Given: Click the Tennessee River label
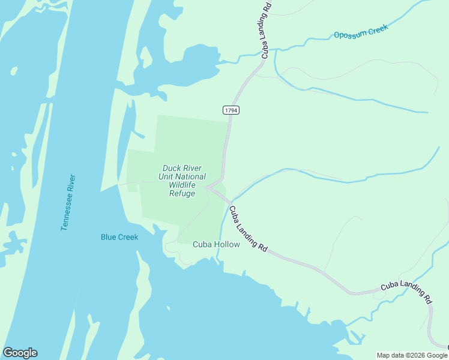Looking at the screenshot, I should coord(68,203).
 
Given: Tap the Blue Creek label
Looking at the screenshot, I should coord(119,237).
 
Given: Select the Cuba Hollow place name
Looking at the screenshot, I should coord(216,244).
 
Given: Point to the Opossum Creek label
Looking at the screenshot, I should coord(361,31).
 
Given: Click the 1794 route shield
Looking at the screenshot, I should coord(231,110).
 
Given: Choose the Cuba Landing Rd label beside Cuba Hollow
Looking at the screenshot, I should coord(247,229).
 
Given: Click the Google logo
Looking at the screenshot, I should coord(20,353).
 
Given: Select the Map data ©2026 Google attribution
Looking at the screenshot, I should coord(412,355).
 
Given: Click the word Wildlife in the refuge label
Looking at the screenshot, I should coord(182,185).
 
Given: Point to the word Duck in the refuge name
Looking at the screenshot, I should coord(172,168).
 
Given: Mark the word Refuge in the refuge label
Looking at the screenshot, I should coord(182,193).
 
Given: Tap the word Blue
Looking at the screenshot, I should coord(109,237).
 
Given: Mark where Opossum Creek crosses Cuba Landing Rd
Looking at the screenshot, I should coord(262,58).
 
